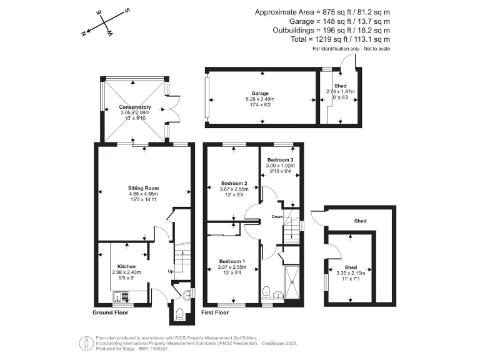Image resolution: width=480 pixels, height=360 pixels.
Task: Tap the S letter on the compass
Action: (127, 11)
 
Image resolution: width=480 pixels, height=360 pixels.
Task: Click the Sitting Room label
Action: (144, 187)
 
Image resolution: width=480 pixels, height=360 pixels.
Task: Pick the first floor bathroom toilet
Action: (267, 290)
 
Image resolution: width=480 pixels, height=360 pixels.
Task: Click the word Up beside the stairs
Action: (170, 272)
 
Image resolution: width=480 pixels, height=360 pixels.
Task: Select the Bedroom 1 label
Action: (232, 261)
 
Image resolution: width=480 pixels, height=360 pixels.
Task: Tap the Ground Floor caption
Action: (111, 312)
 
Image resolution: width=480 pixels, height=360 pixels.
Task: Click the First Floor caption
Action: (215, 312)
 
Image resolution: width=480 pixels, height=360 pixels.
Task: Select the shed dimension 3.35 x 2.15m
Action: (350, 272)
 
